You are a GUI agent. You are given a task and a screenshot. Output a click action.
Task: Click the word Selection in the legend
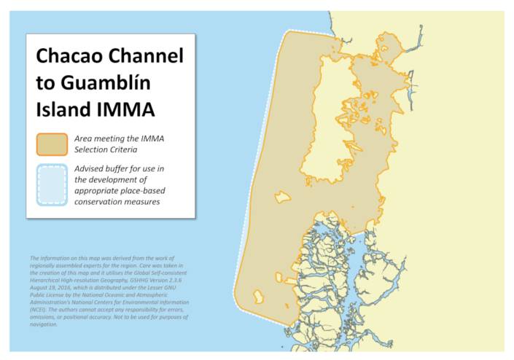coord(93,149)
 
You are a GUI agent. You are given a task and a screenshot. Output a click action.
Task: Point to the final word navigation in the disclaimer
coord(43,324)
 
